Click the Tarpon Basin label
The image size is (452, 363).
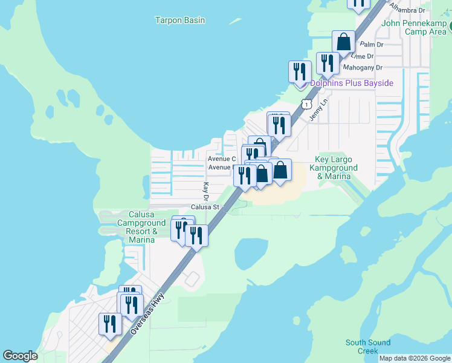tap(180, 20)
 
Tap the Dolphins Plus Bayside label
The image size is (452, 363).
tap(352, 83)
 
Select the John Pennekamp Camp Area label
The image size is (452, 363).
tap(415, 27)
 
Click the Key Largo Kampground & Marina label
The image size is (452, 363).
tap(333, 168)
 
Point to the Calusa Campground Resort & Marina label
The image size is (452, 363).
tap(141, 227)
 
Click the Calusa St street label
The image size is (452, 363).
tap(204, 207)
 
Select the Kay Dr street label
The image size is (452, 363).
tap(205, 192)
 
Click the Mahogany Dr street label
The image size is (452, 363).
tap(363, 68)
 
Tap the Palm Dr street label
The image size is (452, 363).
tap(372, 45)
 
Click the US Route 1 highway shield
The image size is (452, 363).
tap(308, 104)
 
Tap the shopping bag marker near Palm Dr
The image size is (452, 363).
tap(343, 42)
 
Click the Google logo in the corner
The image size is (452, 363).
tap(21, 356)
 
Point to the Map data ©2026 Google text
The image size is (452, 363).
tap(415, 358)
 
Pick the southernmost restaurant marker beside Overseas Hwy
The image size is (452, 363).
tap(110, 324)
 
